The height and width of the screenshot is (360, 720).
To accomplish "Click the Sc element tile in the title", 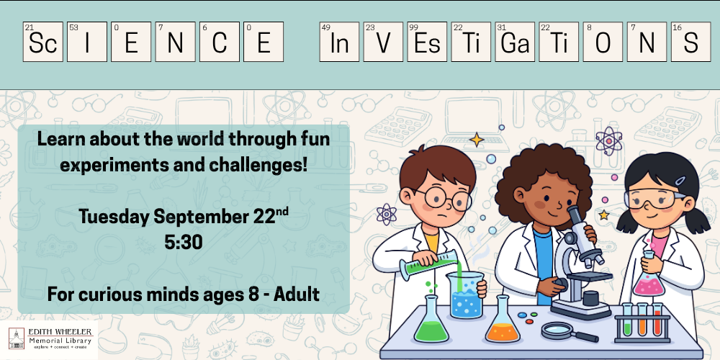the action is [42, 42].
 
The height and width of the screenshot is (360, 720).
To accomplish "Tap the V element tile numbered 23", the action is [383, 42].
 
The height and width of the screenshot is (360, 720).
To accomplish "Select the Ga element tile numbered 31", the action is [515, 42].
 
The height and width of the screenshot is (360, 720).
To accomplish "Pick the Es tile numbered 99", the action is [427, 42].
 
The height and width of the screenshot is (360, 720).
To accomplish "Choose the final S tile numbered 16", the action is [690, 42].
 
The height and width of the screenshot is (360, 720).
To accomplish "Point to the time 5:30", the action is [183, 243].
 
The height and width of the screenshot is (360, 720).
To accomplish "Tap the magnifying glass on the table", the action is [569, 331].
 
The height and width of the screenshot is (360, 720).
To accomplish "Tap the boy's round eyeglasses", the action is [446, 199].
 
